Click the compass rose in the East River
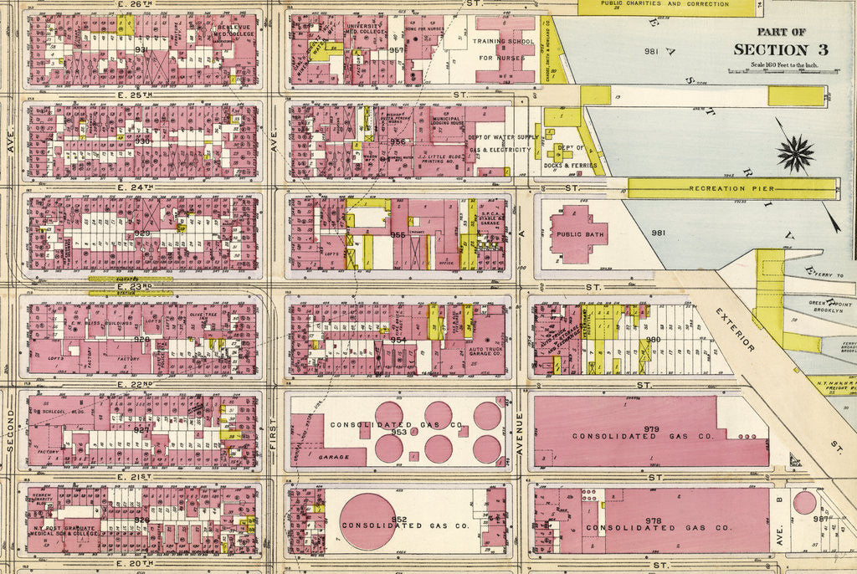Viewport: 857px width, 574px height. point(796,153)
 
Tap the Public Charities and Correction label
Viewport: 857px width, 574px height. point(665,4)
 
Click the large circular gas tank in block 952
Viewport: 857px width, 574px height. point(367,521)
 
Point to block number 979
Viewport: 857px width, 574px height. point(651,429)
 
